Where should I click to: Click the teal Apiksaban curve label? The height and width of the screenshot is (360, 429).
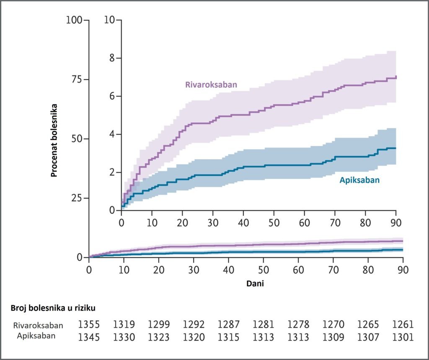pyautogui.click(x=359, y=180)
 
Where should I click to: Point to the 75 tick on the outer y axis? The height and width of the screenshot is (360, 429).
pyautogui.click(x=75, y=80)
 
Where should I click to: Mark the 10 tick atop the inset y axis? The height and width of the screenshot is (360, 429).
pyautogui.click(x=110, y=20)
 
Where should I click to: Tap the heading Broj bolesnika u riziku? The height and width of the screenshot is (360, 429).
pyautogui.click(x=53, y=308)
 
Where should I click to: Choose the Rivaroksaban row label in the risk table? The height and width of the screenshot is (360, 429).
pyautogui.click(x=38, y=326)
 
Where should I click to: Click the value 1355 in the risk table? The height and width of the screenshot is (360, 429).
pyautogui.click(x=89, y=325)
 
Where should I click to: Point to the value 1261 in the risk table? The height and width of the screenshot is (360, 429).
pyautogui.click(x=403, y=325)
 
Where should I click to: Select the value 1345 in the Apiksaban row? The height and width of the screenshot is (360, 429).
pyautogui.click(x=89, y=337)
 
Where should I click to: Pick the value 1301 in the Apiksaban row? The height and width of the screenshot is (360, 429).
pyautogui.click(x=403, y=337)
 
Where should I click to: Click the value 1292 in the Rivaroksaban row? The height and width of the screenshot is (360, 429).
pyautogui.click(x=194, y=325)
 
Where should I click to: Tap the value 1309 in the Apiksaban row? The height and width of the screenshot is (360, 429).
pyautogui.click(x=333, y=337)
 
